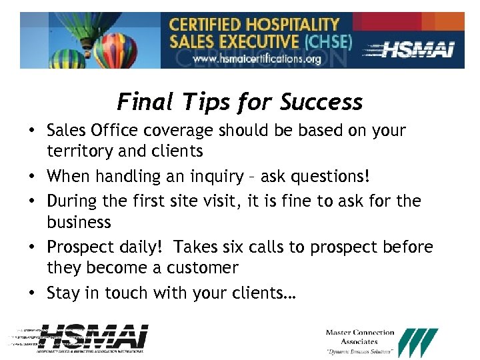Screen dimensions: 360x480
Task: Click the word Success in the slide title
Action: pos(321,102)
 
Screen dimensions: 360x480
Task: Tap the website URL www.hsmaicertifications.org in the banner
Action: pos(257,59)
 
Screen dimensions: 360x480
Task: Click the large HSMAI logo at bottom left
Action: pos(93,337)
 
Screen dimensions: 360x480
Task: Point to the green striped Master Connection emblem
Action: pos(417,342)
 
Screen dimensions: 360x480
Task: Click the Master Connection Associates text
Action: pos(360,337)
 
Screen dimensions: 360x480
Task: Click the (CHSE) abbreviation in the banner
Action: pos(327,41)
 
